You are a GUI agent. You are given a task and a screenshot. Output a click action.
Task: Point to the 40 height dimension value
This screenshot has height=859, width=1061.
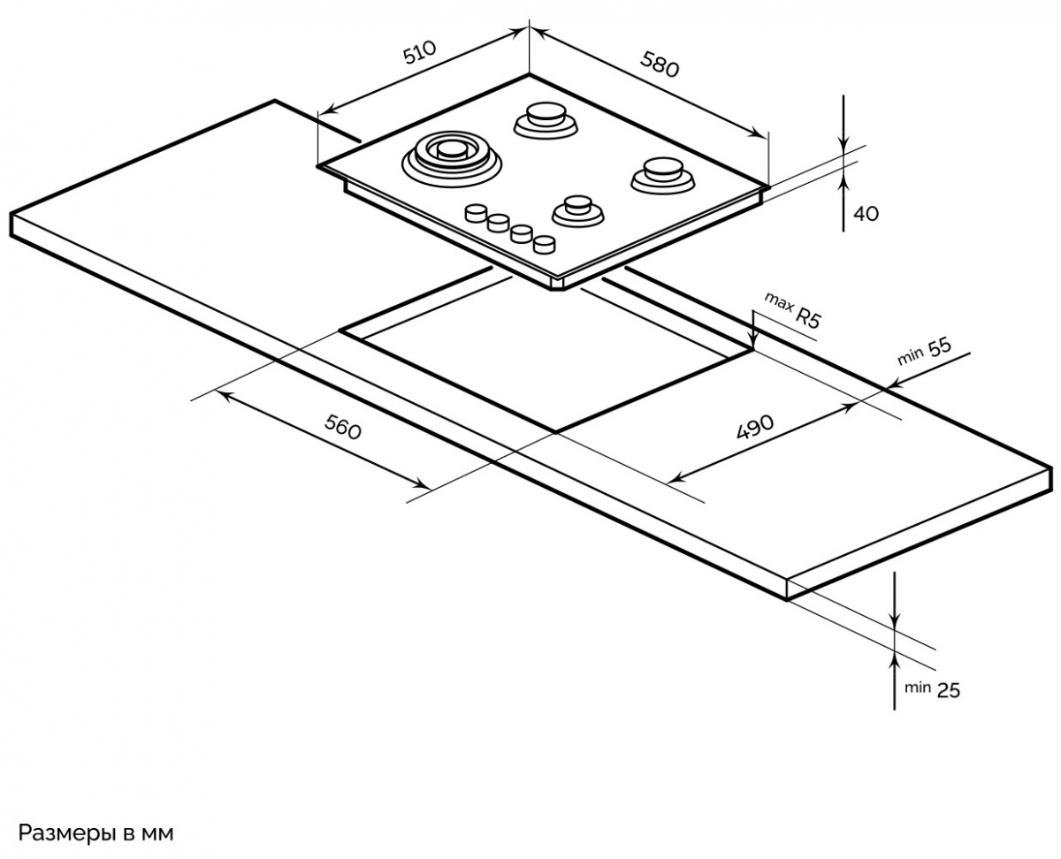pyautogui.click(x=866, y=213)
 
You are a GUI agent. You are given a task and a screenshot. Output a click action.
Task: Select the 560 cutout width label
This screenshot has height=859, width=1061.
pyautogui.click(x=343, y=429)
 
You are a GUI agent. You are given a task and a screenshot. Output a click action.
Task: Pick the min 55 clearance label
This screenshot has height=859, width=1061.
pyautogui.click(x=924, y=351)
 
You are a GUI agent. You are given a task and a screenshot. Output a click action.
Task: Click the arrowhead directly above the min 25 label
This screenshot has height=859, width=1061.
pyautogui.click(x=896, y=658)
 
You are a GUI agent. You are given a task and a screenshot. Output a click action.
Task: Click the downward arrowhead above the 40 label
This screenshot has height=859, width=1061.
pyautogui.click(x=845, y=146)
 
